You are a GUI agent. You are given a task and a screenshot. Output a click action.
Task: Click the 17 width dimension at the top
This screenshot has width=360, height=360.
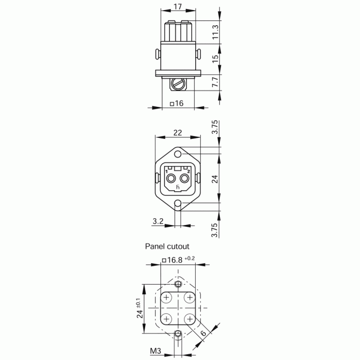[178, 6]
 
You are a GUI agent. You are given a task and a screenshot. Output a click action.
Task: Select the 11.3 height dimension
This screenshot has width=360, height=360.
[215, 32]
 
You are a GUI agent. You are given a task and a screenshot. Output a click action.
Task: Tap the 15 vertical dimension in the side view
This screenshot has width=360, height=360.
[215, 59]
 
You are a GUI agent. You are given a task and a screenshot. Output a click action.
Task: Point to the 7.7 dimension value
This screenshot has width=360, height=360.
[215, 82]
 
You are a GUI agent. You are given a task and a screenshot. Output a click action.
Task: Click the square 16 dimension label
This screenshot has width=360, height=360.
[177, 103]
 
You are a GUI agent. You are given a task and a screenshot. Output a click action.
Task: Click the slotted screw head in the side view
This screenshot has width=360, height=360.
[178, 84]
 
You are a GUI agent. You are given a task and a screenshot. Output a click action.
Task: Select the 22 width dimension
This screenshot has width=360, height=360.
[178, 133]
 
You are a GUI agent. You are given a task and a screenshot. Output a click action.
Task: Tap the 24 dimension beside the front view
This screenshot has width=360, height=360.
[215, 179]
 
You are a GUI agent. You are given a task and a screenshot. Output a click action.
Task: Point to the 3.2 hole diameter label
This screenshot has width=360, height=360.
[158, 221]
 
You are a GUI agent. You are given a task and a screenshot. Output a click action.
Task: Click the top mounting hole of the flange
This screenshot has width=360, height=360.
[178, 154]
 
